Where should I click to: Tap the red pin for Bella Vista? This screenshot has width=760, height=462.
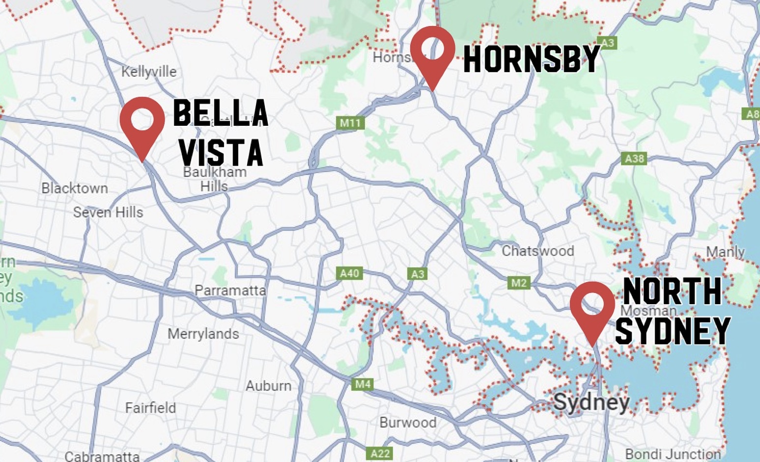point(142,122)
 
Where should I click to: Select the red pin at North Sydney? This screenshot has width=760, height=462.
point(592,307)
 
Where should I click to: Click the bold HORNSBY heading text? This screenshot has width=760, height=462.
point(532,59)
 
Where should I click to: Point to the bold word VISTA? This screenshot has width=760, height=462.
point(221,152)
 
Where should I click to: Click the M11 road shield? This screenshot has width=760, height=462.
point(350,123)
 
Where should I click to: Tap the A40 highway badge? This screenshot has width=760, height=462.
point(350,273)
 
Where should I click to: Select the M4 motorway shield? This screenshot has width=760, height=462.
point(363,384)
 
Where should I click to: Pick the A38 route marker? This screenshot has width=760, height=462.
point(634,159)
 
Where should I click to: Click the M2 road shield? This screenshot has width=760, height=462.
point(519,283)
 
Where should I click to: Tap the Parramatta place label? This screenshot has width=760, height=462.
point(230,290)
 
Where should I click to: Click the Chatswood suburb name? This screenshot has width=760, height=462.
point(538,251)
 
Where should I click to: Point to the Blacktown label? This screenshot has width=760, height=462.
point(75,188)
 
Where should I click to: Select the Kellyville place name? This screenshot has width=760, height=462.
point(149,72)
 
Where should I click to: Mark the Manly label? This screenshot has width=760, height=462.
point(725,252)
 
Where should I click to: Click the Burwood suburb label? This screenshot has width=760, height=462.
point(408,423)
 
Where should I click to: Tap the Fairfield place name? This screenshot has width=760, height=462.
point(150,408)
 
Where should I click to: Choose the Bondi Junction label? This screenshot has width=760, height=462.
point(673,454)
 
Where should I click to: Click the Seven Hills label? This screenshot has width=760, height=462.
point(108,212)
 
